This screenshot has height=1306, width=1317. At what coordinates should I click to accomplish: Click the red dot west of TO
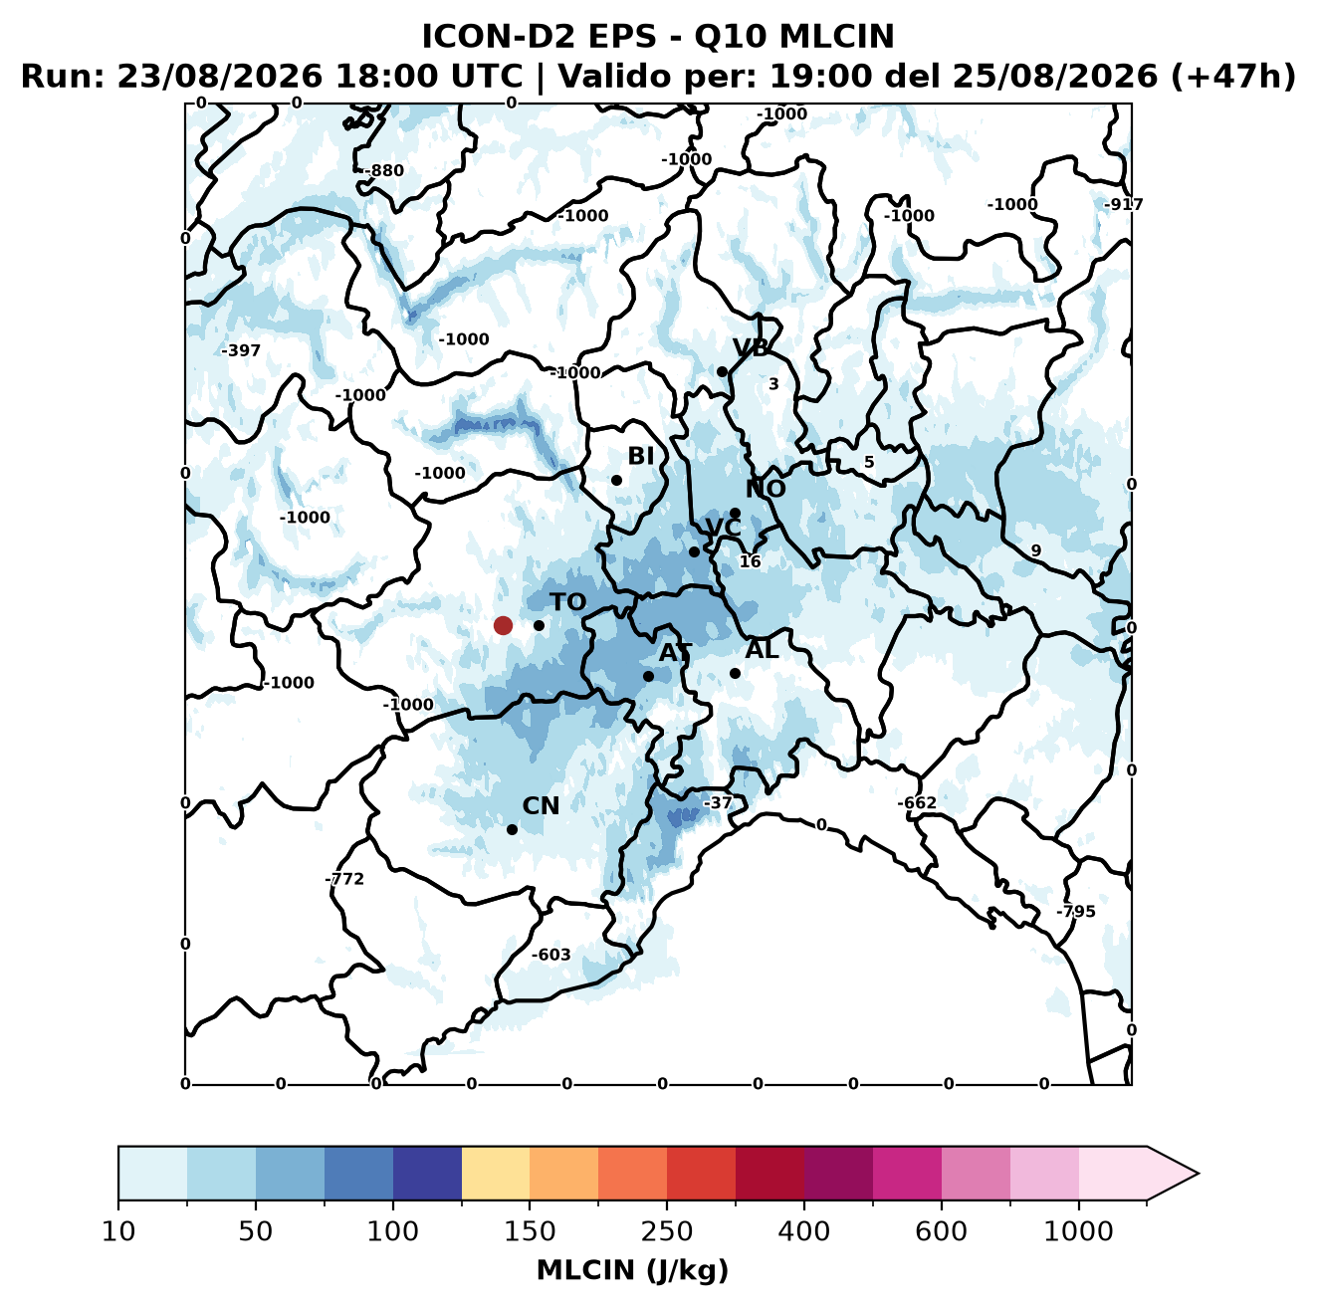tap(503, 625)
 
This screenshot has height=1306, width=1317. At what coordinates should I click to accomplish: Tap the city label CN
tap(541, 806)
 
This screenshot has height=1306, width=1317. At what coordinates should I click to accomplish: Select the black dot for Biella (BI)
tap(616, 481)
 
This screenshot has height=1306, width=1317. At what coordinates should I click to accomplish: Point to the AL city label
tap(762, 650)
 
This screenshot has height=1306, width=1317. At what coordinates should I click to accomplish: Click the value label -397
tap(241, 350)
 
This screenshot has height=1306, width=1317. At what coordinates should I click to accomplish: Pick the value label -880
tap(384, 171)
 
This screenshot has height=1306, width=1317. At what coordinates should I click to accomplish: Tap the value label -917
tap(1124, 204)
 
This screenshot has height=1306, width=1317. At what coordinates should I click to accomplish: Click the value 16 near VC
tap(750, 561)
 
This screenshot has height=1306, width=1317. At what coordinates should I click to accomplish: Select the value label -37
tap(718, 803)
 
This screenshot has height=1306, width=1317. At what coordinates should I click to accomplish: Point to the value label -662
tap(917, 803)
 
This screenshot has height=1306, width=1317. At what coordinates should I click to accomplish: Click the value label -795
tap(1076, 912)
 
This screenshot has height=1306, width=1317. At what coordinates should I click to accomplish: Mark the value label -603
tap(550, 955)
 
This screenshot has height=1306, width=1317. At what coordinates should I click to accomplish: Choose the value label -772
tap(344, 879)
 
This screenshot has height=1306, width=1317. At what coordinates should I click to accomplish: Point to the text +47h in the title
tap(1232, 77)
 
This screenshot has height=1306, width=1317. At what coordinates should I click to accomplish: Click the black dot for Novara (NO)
tap(735, 514)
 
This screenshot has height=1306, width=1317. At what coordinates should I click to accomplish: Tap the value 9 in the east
tap(1035, 550)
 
